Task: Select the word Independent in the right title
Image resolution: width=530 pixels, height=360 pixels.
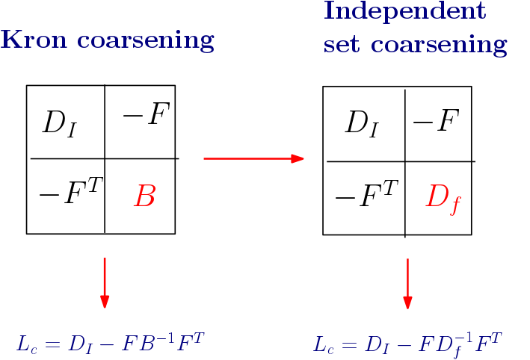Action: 404,11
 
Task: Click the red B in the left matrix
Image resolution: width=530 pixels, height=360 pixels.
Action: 144,197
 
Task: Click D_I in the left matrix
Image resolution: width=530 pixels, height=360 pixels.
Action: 59,123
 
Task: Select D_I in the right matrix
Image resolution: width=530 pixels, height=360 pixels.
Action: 361,123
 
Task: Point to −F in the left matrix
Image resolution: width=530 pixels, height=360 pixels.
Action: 145,117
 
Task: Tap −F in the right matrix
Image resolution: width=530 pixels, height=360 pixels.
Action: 435,121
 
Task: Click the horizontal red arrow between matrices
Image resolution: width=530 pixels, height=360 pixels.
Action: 253,158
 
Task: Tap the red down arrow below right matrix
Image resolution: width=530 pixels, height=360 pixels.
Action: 407,283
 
